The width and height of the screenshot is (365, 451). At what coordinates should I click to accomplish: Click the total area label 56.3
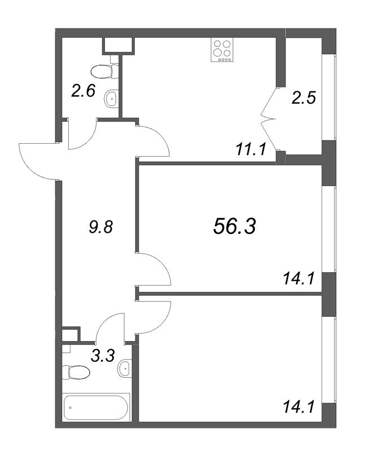(234, 226)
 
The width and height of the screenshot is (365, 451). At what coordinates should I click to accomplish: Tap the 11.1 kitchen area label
(250, 149)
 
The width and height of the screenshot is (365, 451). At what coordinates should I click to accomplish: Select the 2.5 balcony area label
(304, 98)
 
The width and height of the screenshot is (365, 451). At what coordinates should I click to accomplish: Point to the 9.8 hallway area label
(100, 227)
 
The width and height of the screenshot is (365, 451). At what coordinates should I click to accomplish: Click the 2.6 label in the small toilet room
(83, 91)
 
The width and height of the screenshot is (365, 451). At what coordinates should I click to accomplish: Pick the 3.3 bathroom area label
(103, 356)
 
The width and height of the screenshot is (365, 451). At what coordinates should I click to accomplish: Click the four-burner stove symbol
(222, 50)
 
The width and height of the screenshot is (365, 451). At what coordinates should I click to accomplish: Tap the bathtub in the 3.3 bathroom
(96, 407)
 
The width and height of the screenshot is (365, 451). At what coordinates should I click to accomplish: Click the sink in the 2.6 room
(111, 99)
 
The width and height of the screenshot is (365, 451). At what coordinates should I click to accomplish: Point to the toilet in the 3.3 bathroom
(76, 372)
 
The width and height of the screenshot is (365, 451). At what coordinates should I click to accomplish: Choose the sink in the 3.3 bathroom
(125, 368)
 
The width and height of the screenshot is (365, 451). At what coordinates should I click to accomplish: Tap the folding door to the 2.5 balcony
(269, 118)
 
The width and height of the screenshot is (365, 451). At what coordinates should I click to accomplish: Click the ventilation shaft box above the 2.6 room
(118, 46)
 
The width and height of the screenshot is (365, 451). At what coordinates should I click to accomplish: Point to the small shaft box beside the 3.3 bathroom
(71, 334)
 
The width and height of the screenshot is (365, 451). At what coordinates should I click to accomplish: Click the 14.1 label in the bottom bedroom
(298, 408)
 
